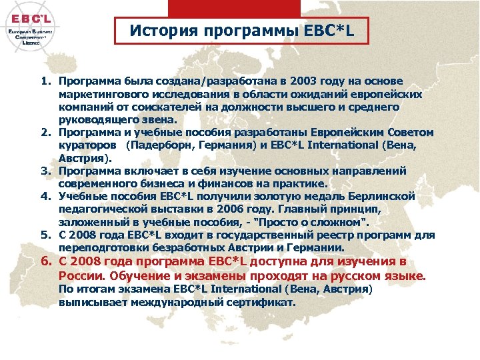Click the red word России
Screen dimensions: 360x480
pos(79,276)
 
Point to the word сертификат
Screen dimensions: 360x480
pos(261,302)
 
